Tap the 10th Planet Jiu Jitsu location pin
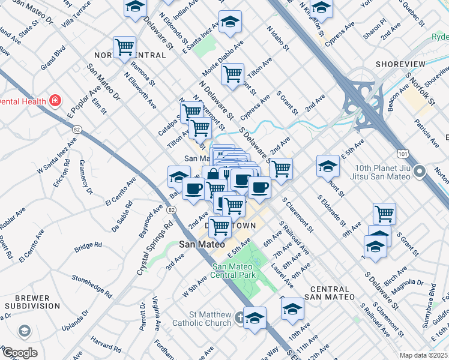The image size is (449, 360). point(420,170)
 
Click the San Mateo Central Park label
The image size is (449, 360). point(235,271)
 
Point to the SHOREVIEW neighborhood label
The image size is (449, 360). point(400,64)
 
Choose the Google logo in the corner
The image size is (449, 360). point(19,353)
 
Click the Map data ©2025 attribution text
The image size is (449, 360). point(423,355)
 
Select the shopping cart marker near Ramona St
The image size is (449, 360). point(124,47)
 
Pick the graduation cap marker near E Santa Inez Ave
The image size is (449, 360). point(230,22)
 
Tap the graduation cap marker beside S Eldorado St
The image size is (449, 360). point(328,166)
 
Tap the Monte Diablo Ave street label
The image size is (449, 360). point(223,54)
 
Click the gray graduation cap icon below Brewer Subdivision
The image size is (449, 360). point(24,331)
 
